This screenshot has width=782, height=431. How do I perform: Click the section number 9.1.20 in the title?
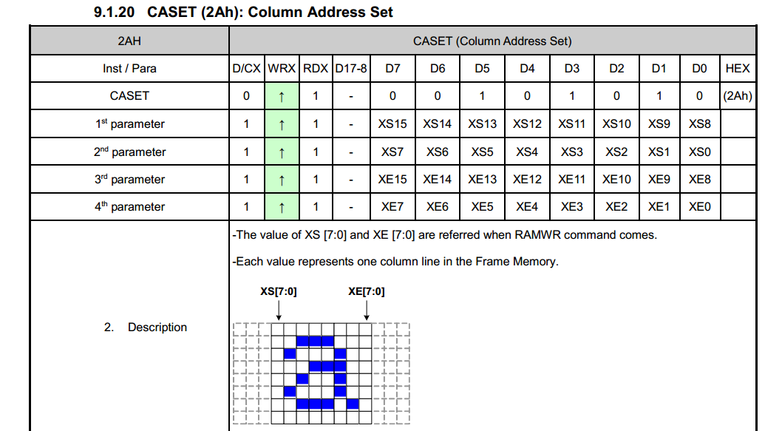pyautogui.click(x=114, y=12)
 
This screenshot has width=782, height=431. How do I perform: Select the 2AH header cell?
pyautogui.click(x=129, y=41)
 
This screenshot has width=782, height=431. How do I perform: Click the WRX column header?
pyautogui.click(x=282, y=68)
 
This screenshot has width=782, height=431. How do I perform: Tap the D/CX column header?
pyautogui.click(x=246, y=68)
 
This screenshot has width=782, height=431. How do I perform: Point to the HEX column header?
pyautogui.click(x=738, y=68)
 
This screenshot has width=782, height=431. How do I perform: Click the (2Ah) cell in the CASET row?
pyautogui.click(x=738, y=96)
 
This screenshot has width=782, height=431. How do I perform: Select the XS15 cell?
pyautogui.click(x=392, y=123)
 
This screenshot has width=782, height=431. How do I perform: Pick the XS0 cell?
pyautogui.click(x=700, y=152)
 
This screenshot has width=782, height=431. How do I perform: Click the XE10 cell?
pyautogui.click(x=616, y=179)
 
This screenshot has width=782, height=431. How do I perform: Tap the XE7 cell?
pyautogui.click(x=392, y=206)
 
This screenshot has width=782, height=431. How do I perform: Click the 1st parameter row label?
pyautogui.click(x=129, y=123)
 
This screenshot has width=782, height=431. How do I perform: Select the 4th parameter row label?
pyautogui.click(x=129, y=206)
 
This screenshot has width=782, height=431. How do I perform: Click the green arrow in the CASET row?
pyautogui.click(x=282, y=96)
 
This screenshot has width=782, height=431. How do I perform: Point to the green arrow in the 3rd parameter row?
pyautogui.click(x=282, y=180)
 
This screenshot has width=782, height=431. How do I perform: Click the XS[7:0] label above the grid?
pyautogui.click(x=279, y=291)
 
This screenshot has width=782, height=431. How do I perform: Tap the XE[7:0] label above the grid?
pyautogui.click(x=367, y=291)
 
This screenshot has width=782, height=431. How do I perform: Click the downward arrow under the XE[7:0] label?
pyautogui.click(x=367, y=310)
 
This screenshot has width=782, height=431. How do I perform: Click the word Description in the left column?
pyautogui.click(x=157, y=328)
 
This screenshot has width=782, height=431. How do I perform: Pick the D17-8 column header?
pyautogui.click(x=351, y=68)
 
